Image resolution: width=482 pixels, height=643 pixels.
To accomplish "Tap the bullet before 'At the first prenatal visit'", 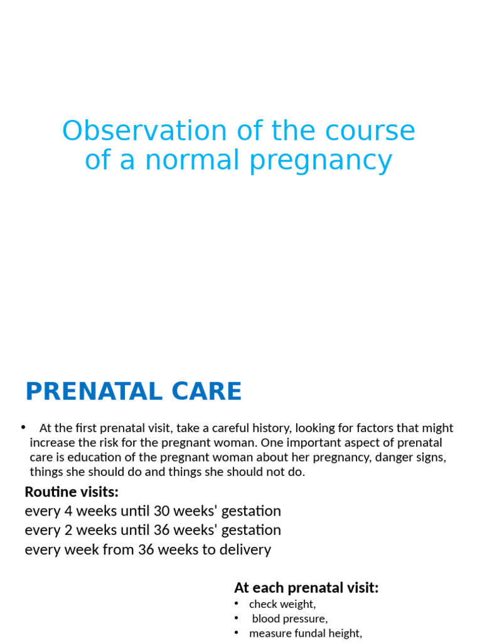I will pyautogui.click(x=23, y=427).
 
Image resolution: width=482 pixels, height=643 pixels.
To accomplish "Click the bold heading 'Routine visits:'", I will pyautogui.click(x=72, y=492).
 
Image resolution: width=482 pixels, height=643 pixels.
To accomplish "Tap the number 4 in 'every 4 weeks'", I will pyautogui.click(x=68, y=511).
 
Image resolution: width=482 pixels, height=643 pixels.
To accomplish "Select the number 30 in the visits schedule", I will pyautogui.click(x=162, y=511).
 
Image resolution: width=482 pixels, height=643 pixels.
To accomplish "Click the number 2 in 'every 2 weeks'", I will pyautogui.click(x=68, y=531).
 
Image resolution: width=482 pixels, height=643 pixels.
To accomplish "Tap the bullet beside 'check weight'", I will pyautogui.click(x=237, y=603).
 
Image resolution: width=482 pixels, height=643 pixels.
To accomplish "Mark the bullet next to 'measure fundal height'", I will pyautogui.click(x=237, y=632).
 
